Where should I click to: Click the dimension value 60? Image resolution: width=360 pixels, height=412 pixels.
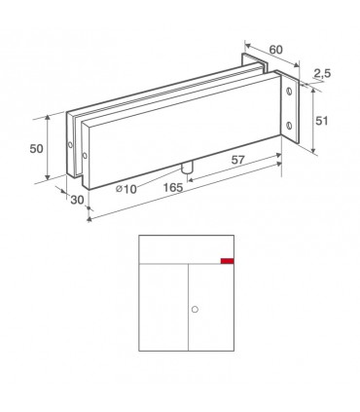276,50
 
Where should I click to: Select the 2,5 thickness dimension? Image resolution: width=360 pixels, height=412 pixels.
322,73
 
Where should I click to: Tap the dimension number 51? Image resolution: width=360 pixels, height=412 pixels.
322,121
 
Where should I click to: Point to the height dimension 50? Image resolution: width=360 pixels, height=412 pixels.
36,149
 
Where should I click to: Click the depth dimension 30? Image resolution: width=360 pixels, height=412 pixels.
77,200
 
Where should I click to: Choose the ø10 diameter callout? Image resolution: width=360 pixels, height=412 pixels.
126,189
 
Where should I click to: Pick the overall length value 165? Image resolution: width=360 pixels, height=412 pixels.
173,187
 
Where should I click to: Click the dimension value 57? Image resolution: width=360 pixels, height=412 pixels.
237,160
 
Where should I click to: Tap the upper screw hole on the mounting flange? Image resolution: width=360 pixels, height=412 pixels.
289,92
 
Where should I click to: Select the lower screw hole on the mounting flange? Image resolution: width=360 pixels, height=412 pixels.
290,126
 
